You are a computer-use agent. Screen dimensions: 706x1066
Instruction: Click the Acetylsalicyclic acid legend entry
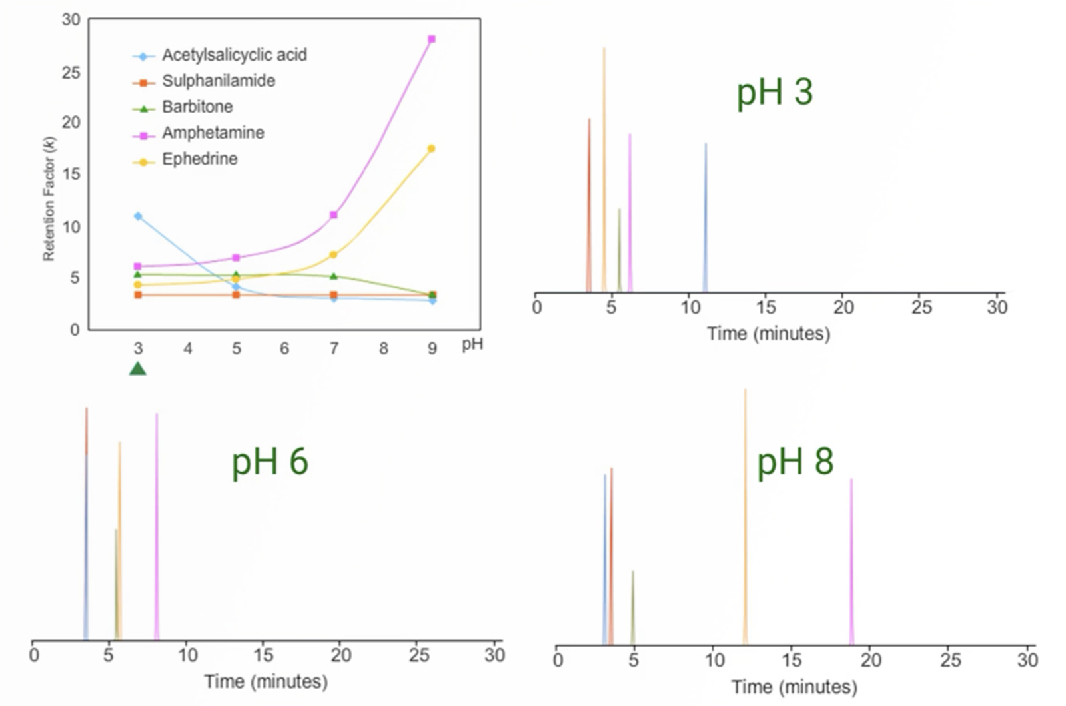pyautogui.click(x=234, y=55)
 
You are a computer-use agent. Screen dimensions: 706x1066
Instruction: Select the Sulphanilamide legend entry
pyautogui.click(x=218, y=81)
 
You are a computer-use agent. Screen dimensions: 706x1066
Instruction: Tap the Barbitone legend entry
pyautogui.click(x=197, y=107)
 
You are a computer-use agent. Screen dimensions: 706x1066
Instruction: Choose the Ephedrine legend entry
pyautogui.click(x=199, y=159)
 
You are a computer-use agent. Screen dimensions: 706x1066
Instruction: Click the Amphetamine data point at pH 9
pyautogui.click(x=432, y=39)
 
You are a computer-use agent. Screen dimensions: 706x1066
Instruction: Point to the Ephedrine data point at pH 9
pyautogui.click(x=432, y=149)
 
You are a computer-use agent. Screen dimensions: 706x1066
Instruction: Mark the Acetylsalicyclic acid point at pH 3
pyautogui.click(x=138, y=216)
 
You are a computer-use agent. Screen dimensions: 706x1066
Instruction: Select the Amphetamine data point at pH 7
pyautogui.click(x=334, y=215)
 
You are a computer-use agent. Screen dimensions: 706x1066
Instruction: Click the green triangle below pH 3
pyautogui.click(x=138, y=369)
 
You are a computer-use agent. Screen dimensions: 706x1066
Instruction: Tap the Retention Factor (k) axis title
pyautogui.click(x=49, y=198)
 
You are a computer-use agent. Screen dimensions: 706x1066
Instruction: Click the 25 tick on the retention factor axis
pyautogui.click(x=71, y=72)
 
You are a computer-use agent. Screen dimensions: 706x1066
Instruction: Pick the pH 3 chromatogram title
pyautogui.click(x=774, y=91)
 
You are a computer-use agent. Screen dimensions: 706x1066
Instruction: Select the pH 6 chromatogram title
pyautogui.click(x=269, y=461)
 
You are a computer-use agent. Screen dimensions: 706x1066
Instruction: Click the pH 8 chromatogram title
pyautogui.click(x=795, y=461)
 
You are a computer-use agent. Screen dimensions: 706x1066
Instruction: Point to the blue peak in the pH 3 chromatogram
pyautogui.click(x=706, y=220)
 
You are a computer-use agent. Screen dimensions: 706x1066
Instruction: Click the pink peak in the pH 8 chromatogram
pyautogui.click(x=851, y=559)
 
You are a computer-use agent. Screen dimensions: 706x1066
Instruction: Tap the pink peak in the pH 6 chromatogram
pyautogui.click(x=157, y=526)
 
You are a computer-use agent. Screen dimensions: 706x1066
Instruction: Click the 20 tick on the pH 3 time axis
pyautogui.click(x=843, y=308)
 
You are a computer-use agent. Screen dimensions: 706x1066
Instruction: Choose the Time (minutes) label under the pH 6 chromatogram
pyautogui.click(x=266, y=682)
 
